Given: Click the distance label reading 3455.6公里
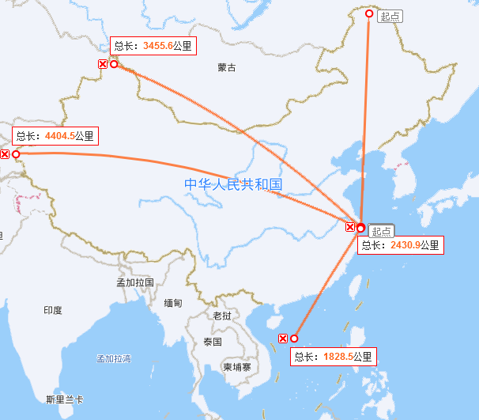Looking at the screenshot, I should (153, 46).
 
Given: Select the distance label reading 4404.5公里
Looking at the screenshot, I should (55, 135).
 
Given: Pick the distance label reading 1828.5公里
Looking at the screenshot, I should (332, 357).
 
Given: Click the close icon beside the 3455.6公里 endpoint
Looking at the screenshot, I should (103, 64).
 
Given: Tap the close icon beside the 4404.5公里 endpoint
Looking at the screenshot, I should (5, 154).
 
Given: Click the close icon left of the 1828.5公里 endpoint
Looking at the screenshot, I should (283, 339).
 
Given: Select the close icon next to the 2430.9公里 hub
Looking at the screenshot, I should (350, 228).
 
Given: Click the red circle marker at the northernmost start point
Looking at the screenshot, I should (368, 14).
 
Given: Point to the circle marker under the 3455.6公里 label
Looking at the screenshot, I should (114, 64).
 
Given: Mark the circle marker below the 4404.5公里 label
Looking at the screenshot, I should (16, 154).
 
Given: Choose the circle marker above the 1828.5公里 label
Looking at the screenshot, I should (294, 339).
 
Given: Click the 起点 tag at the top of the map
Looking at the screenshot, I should (390, 16).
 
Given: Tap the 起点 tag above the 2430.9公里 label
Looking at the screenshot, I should (381, 231).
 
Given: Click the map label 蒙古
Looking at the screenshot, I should (227, 67).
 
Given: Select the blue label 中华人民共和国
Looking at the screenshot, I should (233, 184).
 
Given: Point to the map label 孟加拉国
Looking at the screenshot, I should (134, 282).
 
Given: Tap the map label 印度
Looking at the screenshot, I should (53, 310).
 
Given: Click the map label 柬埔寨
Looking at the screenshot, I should (236, 367).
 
